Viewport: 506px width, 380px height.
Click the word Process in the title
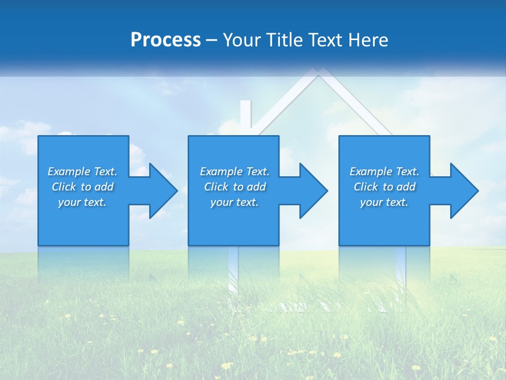click(166, 40)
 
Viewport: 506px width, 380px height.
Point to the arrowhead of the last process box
click(463, 191)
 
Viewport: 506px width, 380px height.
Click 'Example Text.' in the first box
click(82, 172)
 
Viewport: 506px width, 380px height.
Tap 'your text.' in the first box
click(82, 202)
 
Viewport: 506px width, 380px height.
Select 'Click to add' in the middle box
click(235, 187)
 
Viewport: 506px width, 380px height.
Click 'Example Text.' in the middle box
click(235, 172)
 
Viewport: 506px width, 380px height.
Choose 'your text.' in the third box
click(384, 202)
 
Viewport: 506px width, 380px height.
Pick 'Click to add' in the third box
click(384, 187)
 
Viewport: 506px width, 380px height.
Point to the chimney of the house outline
click(246, 116)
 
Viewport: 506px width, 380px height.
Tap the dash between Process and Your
click(212, 40)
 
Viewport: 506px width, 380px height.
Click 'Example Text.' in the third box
click(384, 172)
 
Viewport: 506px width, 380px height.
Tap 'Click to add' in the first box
click(82, 187)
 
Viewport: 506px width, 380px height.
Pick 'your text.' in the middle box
click(235, 202)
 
